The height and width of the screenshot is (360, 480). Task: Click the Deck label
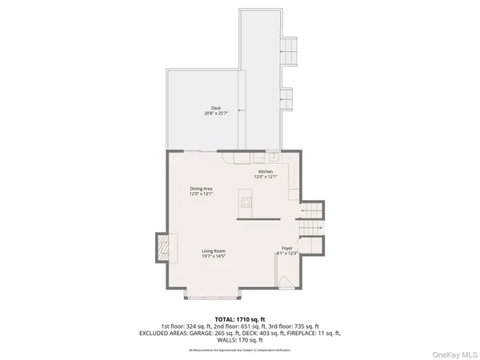(215, 107)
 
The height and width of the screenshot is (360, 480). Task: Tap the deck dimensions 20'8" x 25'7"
(215, 113)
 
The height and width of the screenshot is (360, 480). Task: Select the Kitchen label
(265, 171)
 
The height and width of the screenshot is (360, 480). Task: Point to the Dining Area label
(200, 189)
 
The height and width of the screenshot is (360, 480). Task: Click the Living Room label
(213, 251)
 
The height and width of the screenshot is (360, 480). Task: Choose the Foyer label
(286, 248)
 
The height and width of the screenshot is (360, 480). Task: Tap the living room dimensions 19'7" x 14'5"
(213, 257)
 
